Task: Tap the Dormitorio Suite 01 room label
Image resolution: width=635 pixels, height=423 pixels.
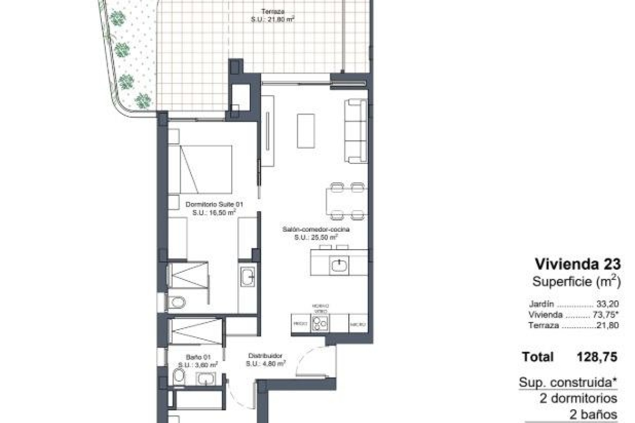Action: point(214,205)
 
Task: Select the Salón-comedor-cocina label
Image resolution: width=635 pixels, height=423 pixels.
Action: point(316,229)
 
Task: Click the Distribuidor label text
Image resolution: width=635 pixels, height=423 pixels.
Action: point(265,356)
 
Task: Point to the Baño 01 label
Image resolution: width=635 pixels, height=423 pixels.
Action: point(198,357)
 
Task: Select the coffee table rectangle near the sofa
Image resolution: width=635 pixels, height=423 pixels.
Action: point(306,131)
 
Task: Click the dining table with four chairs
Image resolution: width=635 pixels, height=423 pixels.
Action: point(347,201)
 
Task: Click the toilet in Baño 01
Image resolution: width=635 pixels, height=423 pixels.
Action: point(179,376)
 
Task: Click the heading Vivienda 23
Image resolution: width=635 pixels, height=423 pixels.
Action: point(578,264)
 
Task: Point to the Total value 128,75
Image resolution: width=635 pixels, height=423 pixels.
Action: point(597,357)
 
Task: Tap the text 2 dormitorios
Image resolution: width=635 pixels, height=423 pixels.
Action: point(578,398)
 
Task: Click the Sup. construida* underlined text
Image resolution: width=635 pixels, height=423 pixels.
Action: point(568,382)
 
